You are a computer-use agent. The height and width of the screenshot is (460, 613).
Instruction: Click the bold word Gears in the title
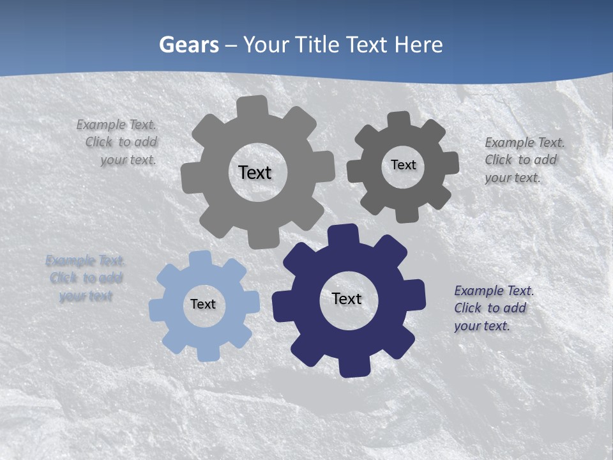tap(188, 45)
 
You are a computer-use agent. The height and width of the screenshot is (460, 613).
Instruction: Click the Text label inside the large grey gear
tap(255, 172)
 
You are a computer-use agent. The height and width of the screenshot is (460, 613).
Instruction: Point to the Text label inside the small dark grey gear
tap(403, 165)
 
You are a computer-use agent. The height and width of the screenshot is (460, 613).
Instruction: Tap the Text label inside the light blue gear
tap(203, 305)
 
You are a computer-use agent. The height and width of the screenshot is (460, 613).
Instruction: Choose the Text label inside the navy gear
tap(347, 299)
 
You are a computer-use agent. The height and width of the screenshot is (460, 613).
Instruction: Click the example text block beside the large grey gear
tap(119, 142)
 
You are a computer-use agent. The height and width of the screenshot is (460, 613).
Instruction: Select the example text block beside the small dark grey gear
tap(524, 160)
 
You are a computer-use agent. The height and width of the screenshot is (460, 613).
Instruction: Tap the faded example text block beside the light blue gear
tap(86, 279)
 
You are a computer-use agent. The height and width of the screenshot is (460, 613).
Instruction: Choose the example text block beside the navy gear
tap(493, 309)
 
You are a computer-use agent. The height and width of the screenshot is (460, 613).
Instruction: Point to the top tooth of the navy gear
tap(344, 234)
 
